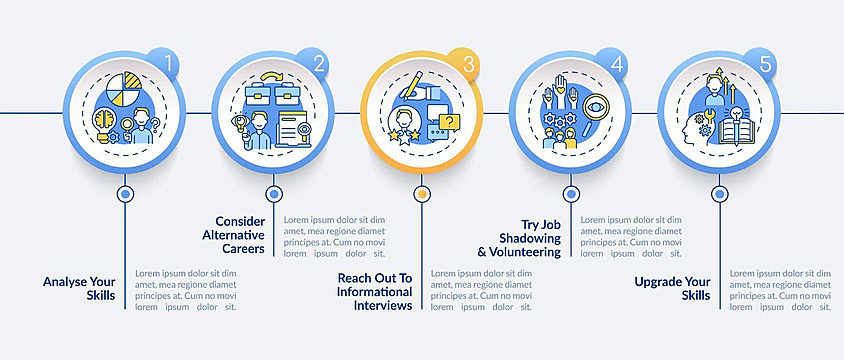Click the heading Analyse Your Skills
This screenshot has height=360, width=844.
pos(79,288)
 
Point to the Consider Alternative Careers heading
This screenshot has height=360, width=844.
pos(234,235)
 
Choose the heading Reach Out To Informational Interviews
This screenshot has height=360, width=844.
pos(375,292)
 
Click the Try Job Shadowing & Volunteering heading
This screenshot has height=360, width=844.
pos(519,238)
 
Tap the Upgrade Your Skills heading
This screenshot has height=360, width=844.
pos(672,288)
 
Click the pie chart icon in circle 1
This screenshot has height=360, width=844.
pos(123,89)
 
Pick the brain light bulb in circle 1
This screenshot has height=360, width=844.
pos(104,125)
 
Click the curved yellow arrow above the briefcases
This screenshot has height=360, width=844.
pos(273,77)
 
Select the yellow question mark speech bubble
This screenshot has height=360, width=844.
pos(449,123)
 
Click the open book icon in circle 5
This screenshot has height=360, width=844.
pos(737,130)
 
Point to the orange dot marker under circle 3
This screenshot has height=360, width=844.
pos(422,194)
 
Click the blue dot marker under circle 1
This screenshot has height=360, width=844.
pos(125,194)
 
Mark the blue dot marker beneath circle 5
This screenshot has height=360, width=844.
pos(720,194)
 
